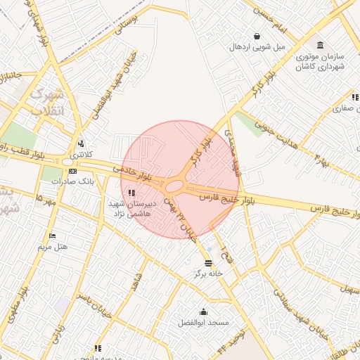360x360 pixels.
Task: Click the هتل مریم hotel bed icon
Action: click(51, 235)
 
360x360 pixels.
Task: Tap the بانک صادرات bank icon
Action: click(72, 171)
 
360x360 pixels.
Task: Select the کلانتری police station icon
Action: click(80, 143)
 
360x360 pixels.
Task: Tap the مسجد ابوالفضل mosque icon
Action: click(204, 312)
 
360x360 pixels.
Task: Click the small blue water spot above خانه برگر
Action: click(209, 248)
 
